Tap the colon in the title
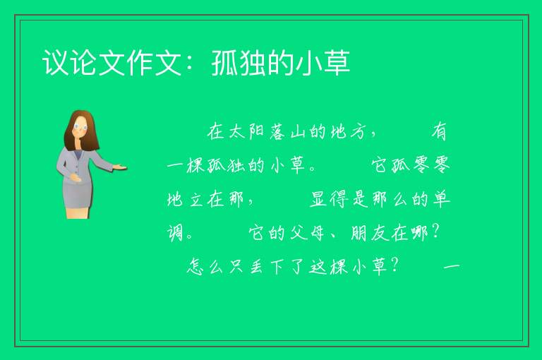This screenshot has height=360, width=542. pos(190,64)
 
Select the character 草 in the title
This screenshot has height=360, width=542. pos(337,63)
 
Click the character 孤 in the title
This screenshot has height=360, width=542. pos(225,63)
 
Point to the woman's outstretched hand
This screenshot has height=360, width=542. pos(120,167)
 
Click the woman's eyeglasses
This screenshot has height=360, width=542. pos(80,126)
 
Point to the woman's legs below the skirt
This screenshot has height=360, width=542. pos(78,212)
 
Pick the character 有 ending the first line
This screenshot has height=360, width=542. pos(439,132)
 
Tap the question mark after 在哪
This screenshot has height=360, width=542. pos(436,232)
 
